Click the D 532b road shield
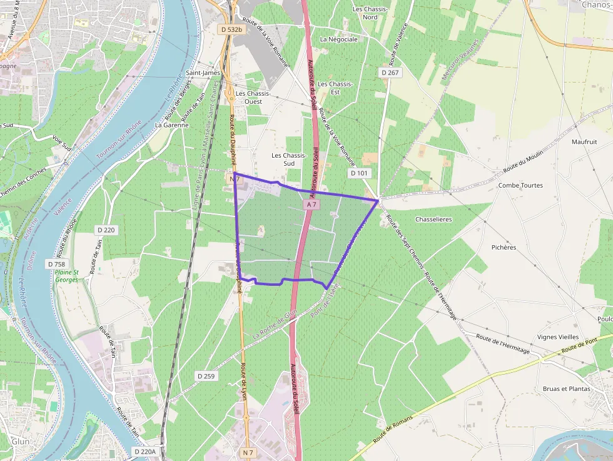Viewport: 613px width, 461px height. (x=231, y=29)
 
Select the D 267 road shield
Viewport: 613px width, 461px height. (x=390, y=73)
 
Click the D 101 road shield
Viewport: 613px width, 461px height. (x=359, y=173)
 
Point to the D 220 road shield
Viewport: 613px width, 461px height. (x=106, y=230)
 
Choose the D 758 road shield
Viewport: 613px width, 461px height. (x=56, y=264)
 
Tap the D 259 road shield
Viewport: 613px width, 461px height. (x=206, y=376)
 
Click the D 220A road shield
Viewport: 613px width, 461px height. (x=144, y=451)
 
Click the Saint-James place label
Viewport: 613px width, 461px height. (x=203, y=73)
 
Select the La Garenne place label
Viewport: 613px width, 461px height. (x=171, y=124)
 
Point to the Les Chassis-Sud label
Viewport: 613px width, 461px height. (x=289, y=159)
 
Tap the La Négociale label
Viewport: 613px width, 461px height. (x=338, y=39)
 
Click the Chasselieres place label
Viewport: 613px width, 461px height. (x=433, y=220)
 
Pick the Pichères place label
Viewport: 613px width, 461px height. (x=504, y=247)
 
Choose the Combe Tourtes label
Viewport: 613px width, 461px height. (x=520, y=185)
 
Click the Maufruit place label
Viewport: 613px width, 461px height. (x=584, y=142)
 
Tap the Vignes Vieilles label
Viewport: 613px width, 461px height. (x=558, y=337)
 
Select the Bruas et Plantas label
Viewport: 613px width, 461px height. (x=566, y=388)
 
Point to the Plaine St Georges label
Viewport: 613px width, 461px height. (x=67, y=276)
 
